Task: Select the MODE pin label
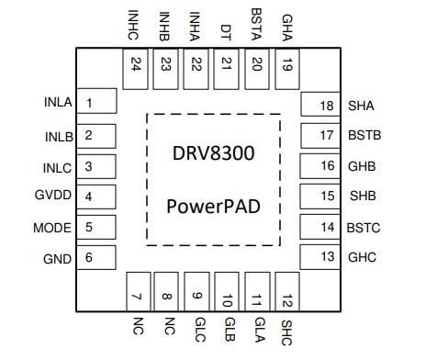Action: tap(51, 227)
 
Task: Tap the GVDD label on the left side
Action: tap(51, 197)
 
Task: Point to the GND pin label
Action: tap(57, 258)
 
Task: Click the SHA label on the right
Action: tap(361, 105)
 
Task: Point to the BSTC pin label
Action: tap(364, 227)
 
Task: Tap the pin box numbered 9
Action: tap(196, 291)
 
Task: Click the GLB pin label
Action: tap(227, 328)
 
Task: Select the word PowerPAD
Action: tap(212, 207)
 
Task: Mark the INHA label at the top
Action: tap(196, 24)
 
